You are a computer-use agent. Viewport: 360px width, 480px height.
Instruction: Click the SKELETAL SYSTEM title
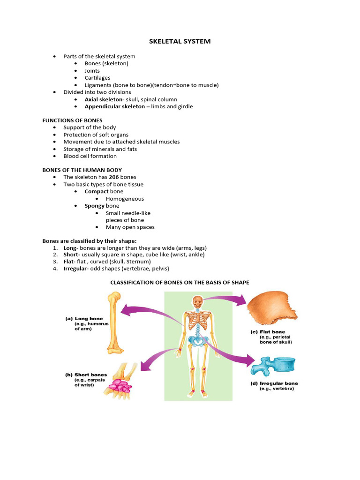tap(180, 41)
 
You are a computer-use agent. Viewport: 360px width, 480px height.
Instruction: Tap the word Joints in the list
tap(92, 71)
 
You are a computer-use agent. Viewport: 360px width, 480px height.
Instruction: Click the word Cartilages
tap(97, 78)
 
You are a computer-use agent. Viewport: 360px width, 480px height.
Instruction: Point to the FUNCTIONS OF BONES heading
tap(72, 120)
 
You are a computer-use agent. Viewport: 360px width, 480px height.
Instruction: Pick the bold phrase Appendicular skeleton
tap(114, 106)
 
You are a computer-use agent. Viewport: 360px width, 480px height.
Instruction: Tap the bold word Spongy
tap(94, 206)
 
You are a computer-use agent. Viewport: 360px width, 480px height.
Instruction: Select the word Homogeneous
tap(125, 199)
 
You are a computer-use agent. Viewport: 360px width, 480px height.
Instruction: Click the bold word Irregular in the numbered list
tap(76, 269)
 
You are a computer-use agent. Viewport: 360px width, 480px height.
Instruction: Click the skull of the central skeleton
tap(199, 301)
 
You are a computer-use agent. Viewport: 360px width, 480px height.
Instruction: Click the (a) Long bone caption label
tap(84, 319)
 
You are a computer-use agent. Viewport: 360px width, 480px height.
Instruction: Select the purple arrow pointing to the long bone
tap(150, 312)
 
